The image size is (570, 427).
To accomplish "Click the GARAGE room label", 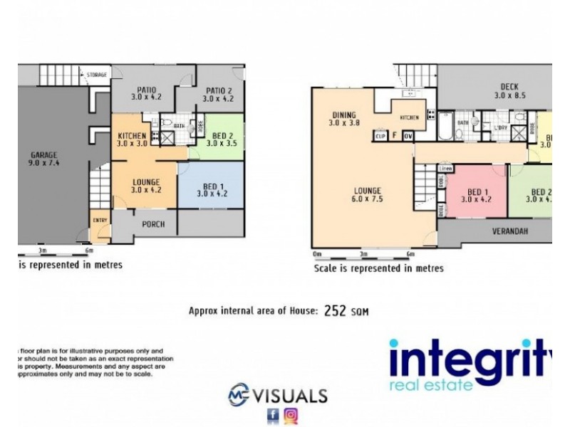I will (x=43, y=154).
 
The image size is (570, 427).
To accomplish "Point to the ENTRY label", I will (x=100, y=220).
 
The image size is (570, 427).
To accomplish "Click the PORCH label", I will (x=153, y=224).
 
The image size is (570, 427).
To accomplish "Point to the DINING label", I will (x=344, y=115).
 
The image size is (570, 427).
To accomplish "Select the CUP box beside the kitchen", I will (x=380, y=135).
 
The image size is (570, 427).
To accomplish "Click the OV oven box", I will (x=408, y=135).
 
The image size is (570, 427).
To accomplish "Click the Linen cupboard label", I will (x=446, y=168).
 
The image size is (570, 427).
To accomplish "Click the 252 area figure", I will (x=336, y=311).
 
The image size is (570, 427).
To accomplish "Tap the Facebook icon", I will (x=273, y=416).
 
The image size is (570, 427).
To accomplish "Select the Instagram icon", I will (x=291, y=416).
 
